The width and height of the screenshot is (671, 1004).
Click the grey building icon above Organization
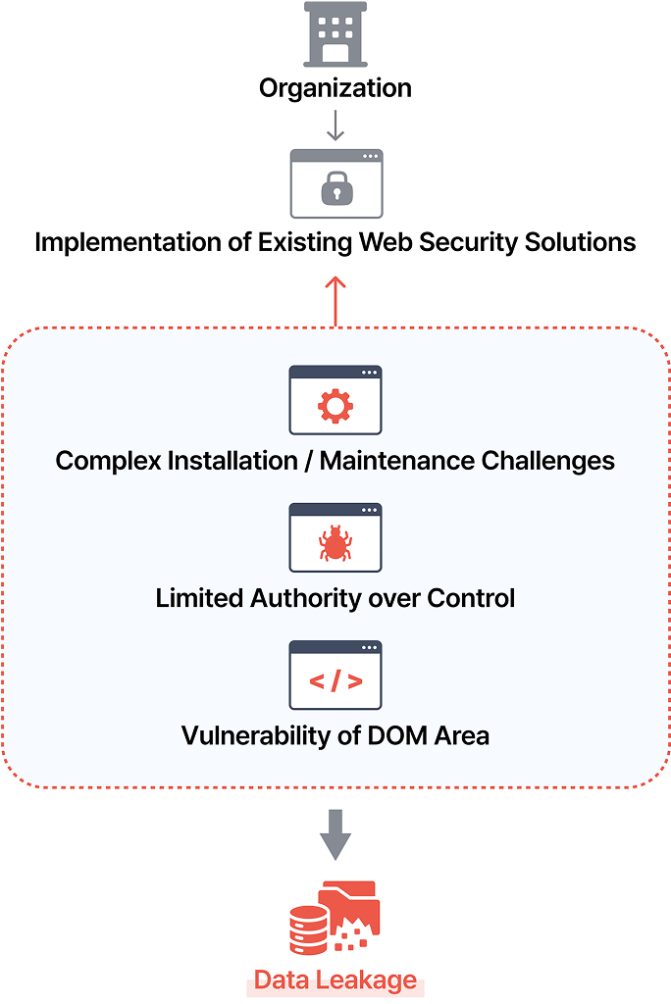(335, 34)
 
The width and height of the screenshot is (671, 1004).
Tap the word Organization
(335, 88)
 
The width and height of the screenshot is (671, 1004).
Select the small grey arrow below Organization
(335, 126)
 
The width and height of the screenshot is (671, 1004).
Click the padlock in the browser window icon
(335, 187)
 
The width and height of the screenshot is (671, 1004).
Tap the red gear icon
(335, 406)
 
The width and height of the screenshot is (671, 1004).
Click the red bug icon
(335, 543)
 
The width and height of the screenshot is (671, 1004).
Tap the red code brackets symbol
(335, 681)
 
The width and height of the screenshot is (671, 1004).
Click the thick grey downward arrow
(335, 833)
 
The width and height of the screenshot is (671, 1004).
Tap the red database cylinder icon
(309, 929)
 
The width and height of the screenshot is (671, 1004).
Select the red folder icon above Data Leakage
(353, 907)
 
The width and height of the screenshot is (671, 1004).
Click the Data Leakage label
(335, 979)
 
